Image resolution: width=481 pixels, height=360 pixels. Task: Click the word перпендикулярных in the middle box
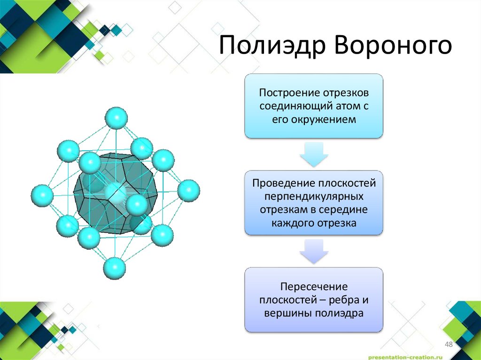pos(314,195)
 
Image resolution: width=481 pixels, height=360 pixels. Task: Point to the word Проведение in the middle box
pos(283,181)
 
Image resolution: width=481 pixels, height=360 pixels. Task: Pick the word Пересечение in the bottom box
pos(314,286)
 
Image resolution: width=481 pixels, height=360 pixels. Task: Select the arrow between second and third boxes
pos(314,251)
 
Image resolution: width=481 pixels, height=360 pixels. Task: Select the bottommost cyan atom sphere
pos(114,268)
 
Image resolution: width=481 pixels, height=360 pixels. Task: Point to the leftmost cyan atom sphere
pos(42,195)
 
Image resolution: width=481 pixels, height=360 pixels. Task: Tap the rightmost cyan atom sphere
pos(189,191)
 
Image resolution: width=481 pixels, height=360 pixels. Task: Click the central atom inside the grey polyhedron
pos(114,192)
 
